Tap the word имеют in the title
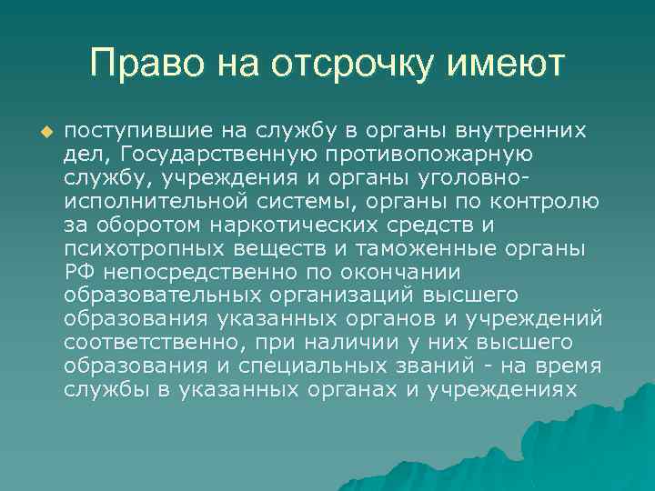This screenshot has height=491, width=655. pos(509,65)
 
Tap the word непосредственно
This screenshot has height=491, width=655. pos(186,271)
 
